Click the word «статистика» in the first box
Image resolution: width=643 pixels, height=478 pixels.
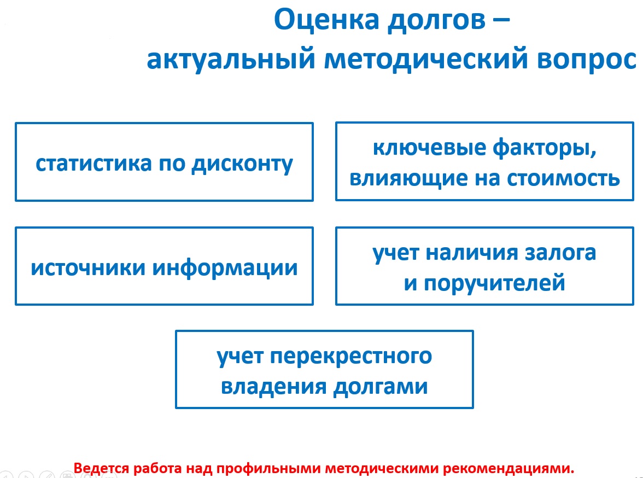94,164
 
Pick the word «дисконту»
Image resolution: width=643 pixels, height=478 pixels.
242,164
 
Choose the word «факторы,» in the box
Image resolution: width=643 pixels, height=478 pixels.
545,148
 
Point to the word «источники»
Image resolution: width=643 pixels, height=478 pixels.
88,267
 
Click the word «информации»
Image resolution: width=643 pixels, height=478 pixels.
225,268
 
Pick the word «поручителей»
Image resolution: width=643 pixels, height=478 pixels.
494,283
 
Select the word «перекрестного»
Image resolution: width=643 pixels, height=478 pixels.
351,356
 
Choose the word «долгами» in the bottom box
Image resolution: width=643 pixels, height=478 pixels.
381,387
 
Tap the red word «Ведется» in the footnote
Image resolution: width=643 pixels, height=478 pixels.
101,468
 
